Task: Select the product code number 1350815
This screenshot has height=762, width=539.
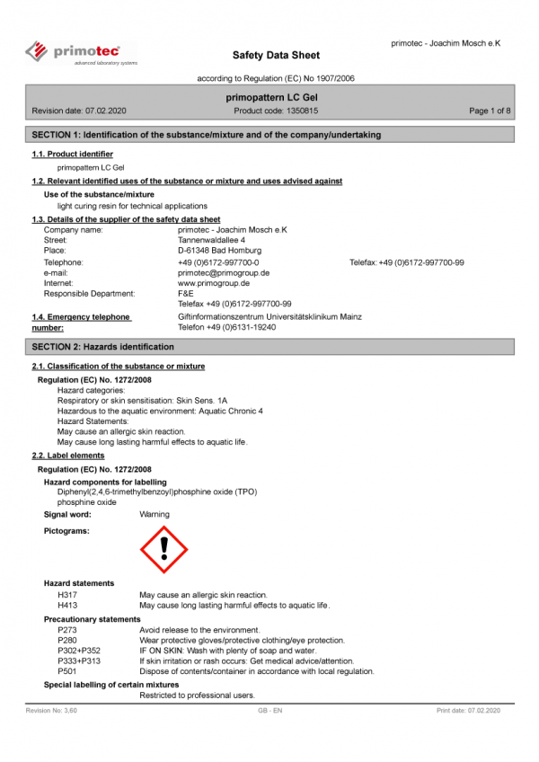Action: [x=301, y=111]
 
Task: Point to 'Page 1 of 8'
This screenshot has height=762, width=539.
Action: [x=490, y=111]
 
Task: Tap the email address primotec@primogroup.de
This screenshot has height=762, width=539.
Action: [x=224, y=272]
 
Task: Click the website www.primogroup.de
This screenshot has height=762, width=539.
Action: [x=214, y=283]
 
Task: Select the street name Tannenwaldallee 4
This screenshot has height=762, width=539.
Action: [x=212, y=240]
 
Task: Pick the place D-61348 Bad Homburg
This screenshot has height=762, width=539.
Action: [x=219, y=251]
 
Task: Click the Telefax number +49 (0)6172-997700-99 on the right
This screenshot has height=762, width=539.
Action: [x=407, y=262]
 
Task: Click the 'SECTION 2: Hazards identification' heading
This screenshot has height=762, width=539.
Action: [x=103, y=347]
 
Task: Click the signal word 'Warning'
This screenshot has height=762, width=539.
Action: [x=155, y=515]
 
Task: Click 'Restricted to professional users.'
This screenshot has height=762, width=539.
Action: [x=198, y=696]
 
